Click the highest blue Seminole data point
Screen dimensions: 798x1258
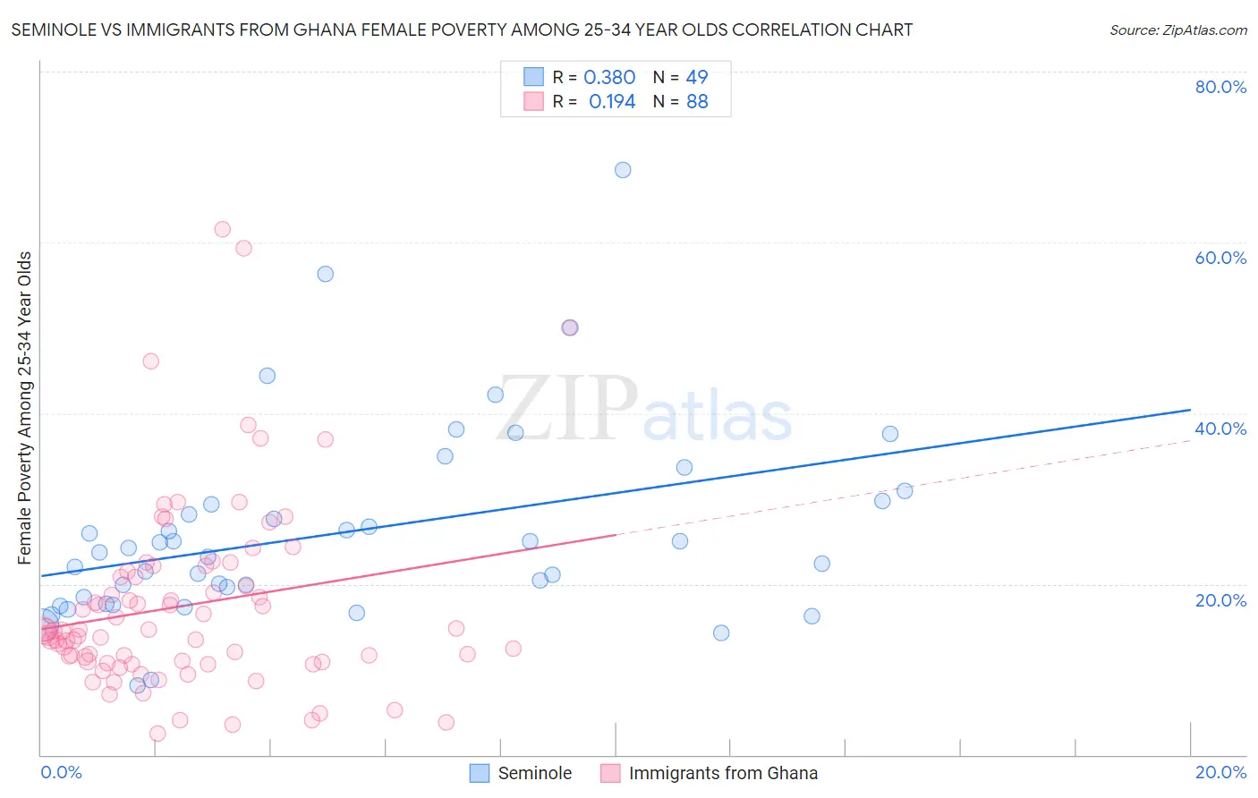click(623, 170)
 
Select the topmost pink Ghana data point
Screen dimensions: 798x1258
click(223, 229)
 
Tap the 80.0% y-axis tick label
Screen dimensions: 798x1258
click(1220, 87)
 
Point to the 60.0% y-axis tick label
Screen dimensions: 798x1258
click(1220, 258)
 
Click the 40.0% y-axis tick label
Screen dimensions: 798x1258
click(1220, 429)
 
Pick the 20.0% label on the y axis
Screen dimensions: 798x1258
click(1220, 600)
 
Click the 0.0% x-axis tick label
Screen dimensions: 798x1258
click(61, 772)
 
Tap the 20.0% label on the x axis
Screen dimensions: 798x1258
click(1220, 772)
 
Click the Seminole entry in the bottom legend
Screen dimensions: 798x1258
click(534, 773)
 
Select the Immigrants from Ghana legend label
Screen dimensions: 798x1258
click(723, 773)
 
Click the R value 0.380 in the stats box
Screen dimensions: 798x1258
click(609, 78)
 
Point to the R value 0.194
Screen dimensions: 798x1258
click(612, 102)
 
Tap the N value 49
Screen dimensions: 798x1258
click(697, 78)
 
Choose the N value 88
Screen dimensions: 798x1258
click(697, 102)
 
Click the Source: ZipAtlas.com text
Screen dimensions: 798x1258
click(1177, 30)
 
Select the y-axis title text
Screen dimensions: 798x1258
click(25, 408)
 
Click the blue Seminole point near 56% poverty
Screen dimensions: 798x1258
click(326, 274)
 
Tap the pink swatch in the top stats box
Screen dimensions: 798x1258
click(534, 101)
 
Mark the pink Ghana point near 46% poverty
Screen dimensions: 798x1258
click(150, 361)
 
